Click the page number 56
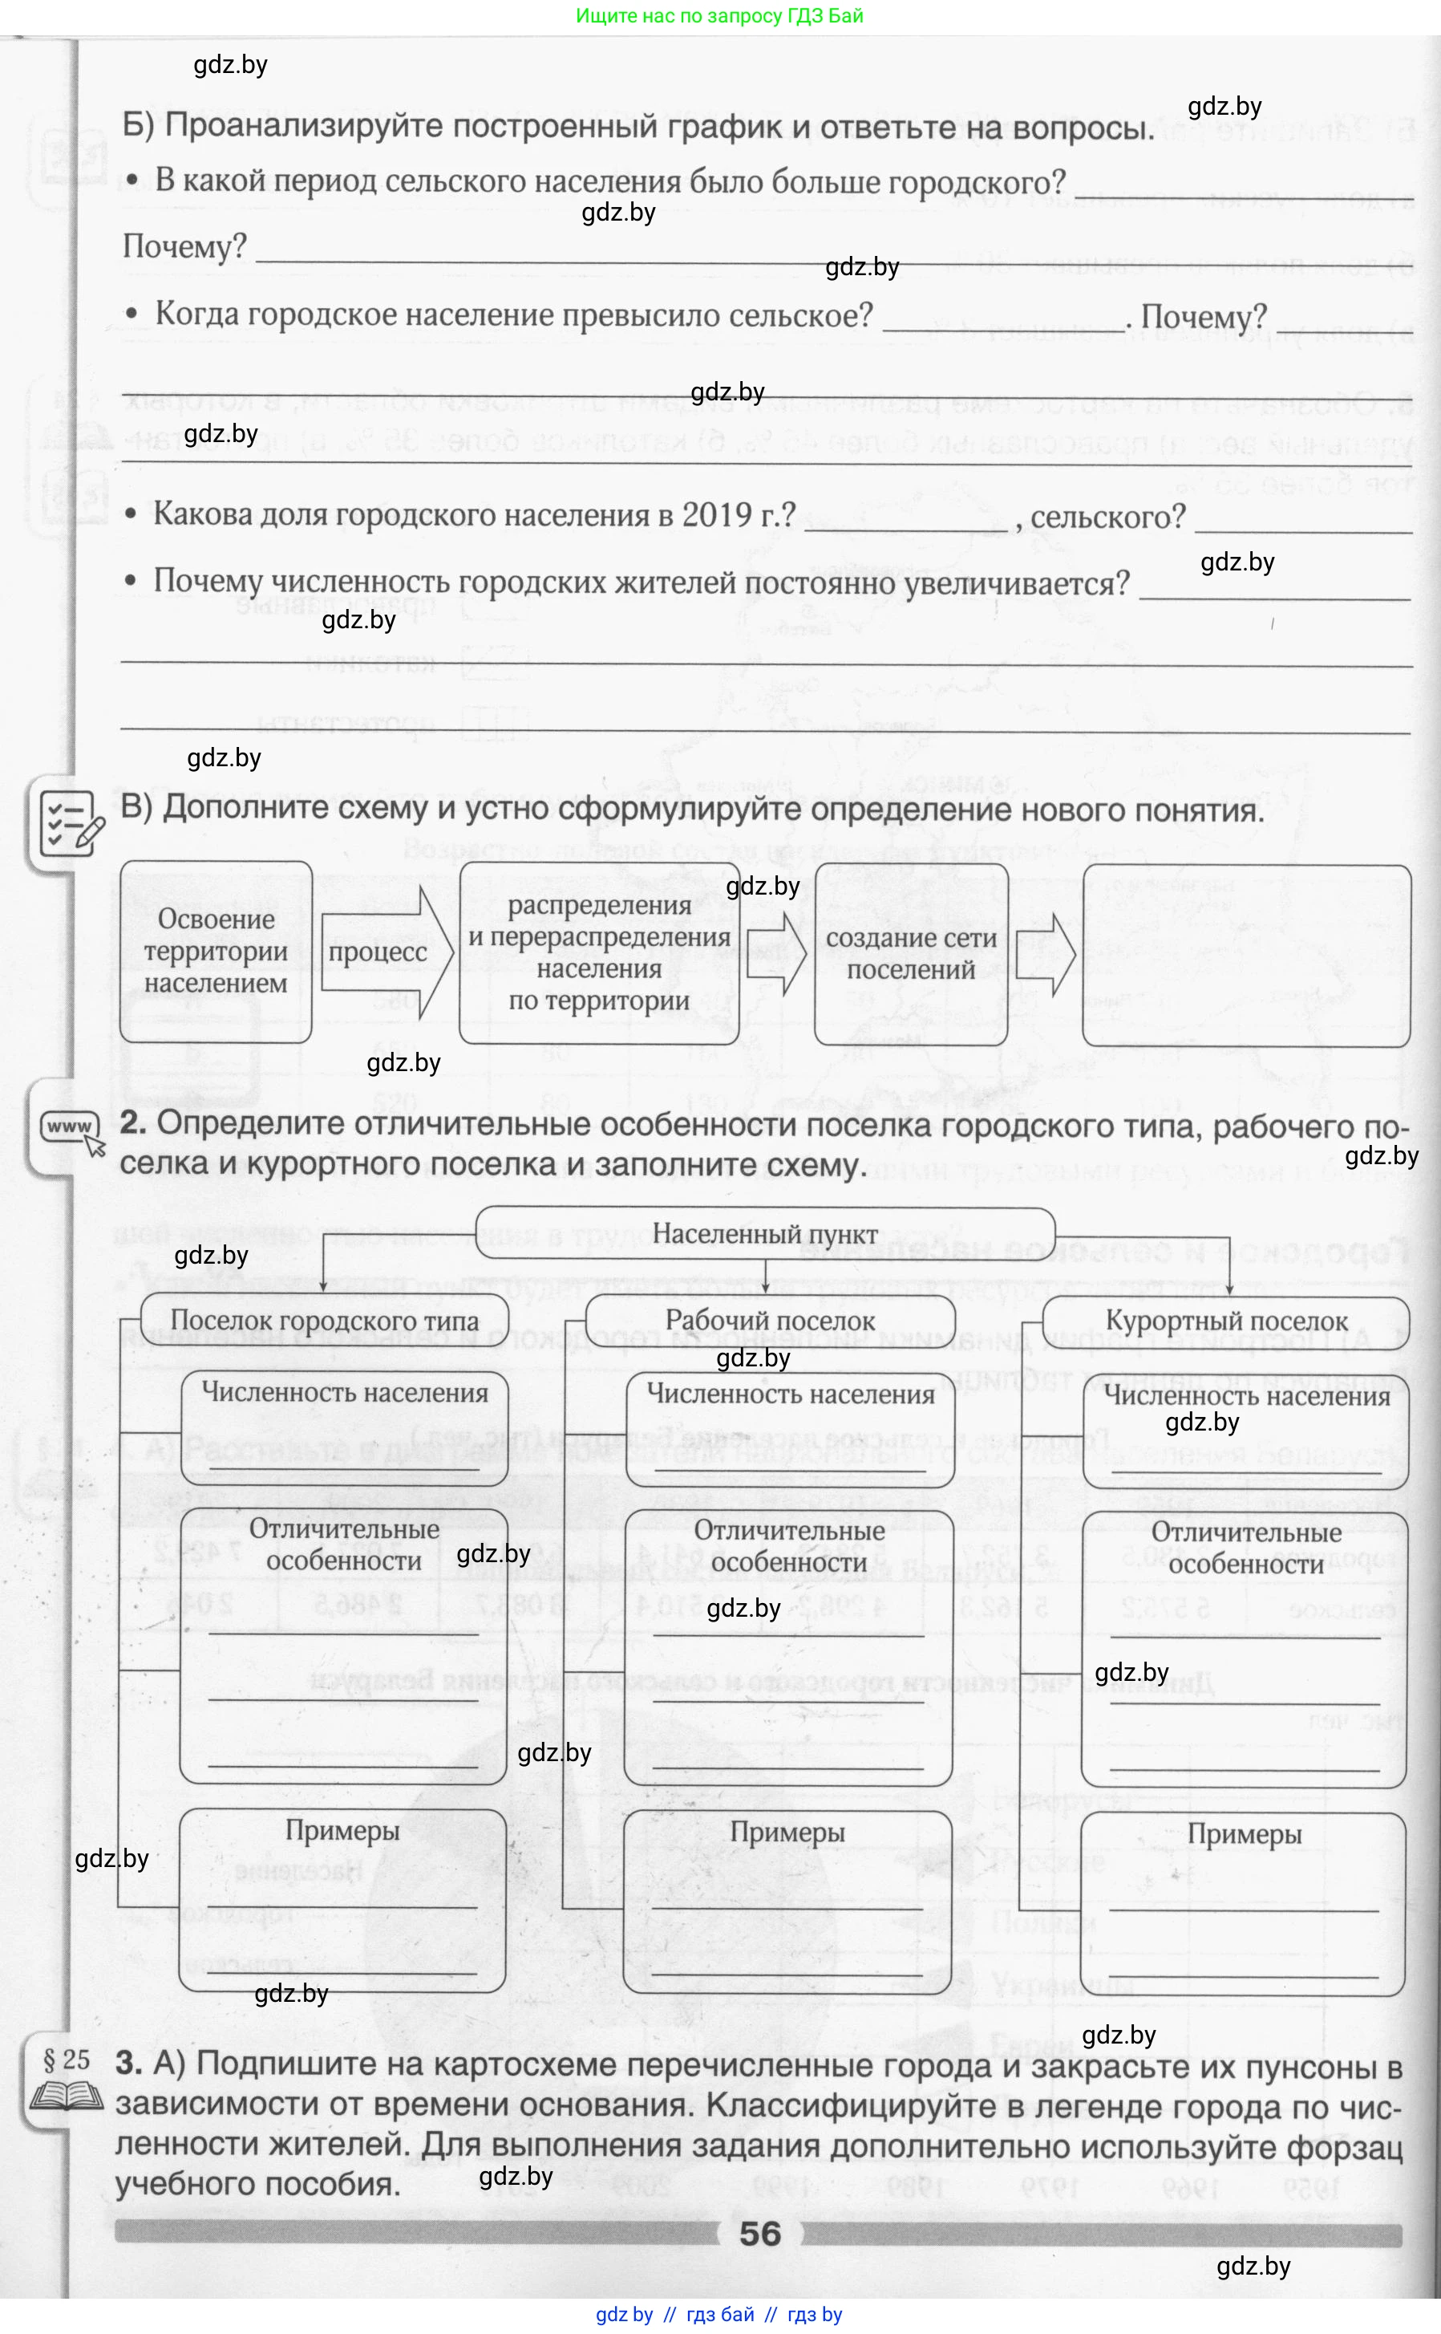click(759, 2234)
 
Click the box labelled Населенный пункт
click(764, 1232)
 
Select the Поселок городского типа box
click(324, 1321)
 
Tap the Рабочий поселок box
click(769, 1321)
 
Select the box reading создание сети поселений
click(911, 953)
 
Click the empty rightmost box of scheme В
click(1245, 956)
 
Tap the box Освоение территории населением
click(217, 952)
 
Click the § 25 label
click(67, 2059)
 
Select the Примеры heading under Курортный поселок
click(1244, 1833)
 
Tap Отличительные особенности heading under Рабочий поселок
click(788, 1545)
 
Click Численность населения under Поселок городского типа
click(344, 1393)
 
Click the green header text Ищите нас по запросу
click(718, 15)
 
